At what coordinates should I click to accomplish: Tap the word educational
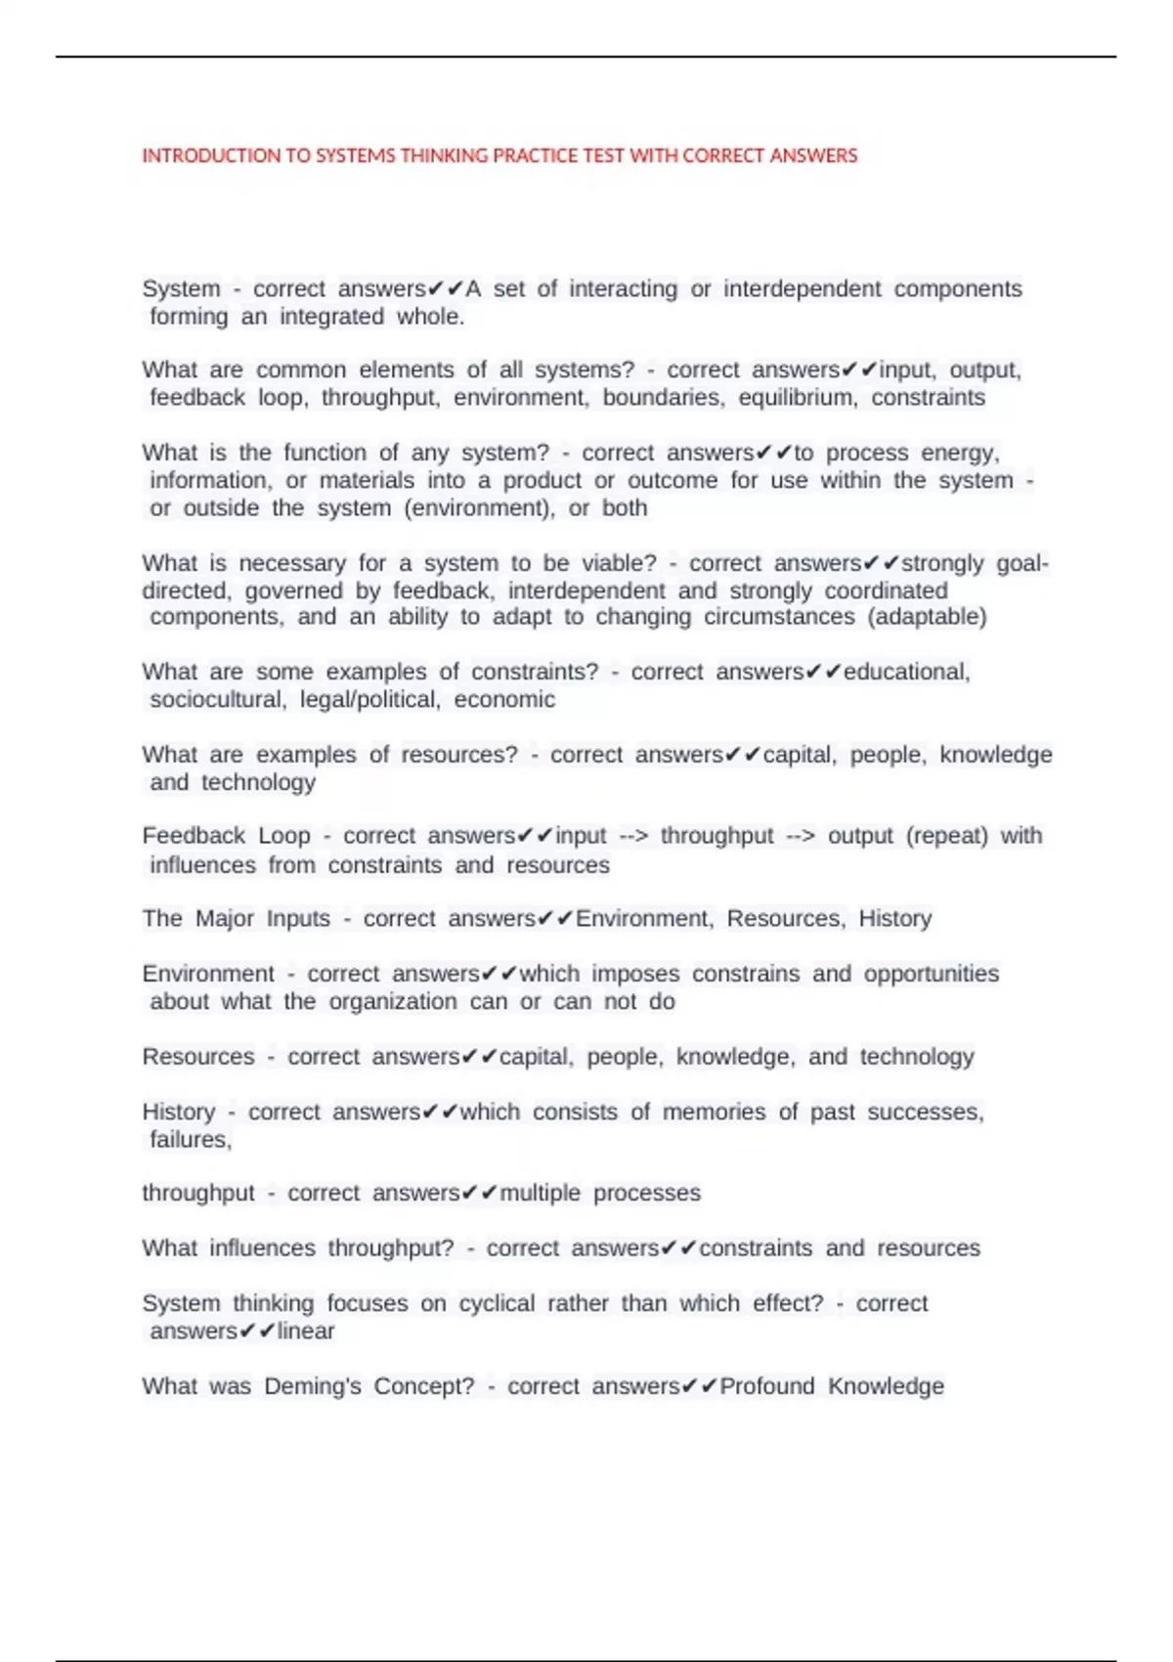(x=906, y=673)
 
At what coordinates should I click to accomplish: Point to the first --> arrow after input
(x=633, y=836)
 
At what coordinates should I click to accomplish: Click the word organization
(x=393, y=1002)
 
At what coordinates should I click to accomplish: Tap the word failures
(x=191, y=1140)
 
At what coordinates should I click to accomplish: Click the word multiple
(x=540, y=1194)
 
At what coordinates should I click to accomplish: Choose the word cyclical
(x=498, y=1304)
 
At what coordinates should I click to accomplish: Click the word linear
(x=306, y=1332)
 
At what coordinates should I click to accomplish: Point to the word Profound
(x=767, y=1386)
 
